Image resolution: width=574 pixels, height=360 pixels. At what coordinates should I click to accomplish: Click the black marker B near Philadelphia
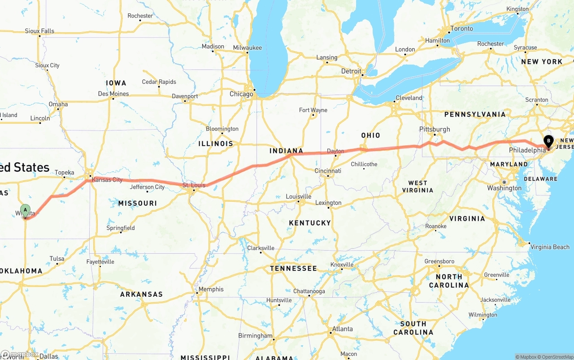[x=548, y=141]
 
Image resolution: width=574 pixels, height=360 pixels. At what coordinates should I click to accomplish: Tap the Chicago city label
[x=241, y=94]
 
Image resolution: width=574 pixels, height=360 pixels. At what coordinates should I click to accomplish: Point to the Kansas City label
[x=107, y=180]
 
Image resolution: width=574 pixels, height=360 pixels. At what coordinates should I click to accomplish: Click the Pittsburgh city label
[x=435, y=129]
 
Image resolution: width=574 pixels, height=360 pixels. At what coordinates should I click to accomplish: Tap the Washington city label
[x=504, y=188]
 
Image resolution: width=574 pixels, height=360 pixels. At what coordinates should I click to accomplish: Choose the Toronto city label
[x=461, y=29]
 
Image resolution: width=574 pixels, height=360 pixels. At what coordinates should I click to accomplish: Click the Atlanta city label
[x=342, y=329]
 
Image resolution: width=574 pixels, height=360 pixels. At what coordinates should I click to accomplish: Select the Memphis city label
[x=211, y=289]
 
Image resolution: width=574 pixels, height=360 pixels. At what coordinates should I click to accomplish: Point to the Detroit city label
[x=351, y=71]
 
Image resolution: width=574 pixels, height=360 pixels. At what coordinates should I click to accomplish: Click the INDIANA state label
[x=286, y=151]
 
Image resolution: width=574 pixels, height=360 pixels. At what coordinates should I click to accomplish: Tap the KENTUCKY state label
[x=310, y=223]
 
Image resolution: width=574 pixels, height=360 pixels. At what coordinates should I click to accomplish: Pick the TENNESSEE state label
[x=293, y=269]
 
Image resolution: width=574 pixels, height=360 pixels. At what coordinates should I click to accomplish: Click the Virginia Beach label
[x=550, y=247]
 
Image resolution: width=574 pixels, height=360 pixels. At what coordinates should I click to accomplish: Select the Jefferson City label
[x=147, y=187]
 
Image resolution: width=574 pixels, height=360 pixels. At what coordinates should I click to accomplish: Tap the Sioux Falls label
[x=39, y=31]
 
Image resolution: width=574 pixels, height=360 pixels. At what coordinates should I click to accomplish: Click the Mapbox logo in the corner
[x=20, y=354]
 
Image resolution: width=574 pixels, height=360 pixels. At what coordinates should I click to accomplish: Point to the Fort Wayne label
[x=313, y=110]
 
